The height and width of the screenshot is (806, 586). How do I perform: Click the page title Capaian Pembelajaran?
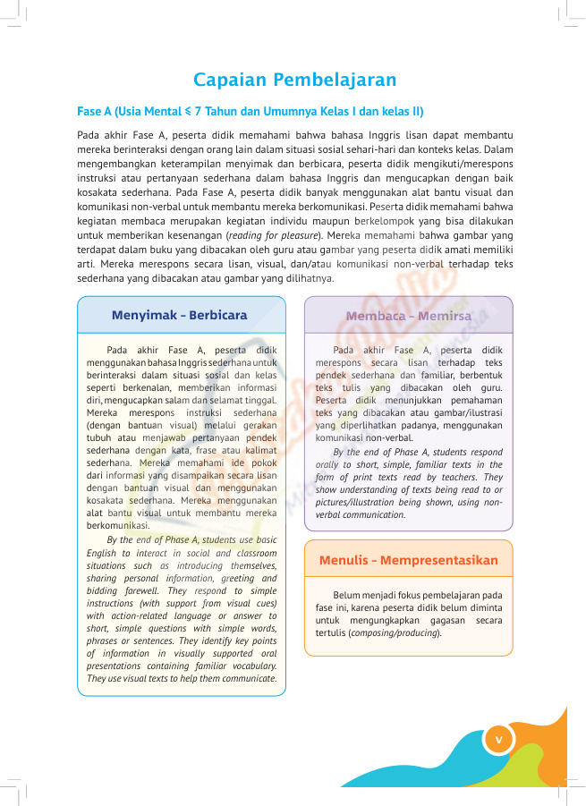point(294,80)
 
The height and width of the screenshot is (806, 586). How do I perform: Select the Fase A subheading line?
point(251,112)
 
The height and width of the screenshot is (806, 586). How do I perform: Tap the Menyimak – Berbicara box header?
point(180,315)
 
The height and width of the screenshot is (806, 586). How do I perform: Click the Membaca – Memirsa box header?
point(408,315)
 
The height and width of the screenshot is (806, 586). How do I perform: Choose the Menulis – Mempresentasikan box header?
point(408,560)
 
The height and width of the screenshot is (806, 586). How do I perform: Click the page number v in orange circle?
point(499,738)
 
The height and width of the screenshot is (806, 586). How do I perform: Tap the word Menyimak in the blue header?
point(143,315)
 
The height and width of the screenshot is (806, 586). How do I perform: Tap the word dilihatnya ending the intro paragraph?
point(310,278)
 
